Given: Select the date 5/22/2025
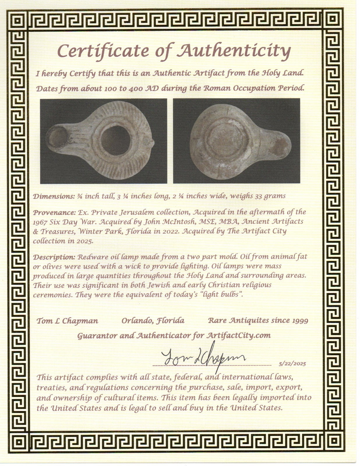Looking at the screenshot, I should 292,364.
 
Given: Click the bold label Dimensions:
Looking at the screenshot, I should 54,196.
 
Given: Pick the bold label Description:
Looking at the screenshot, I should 54,257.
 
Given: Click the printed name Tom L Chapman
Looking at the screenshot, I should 67,321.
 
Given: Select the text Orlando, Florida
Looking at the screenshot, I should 153,321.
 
